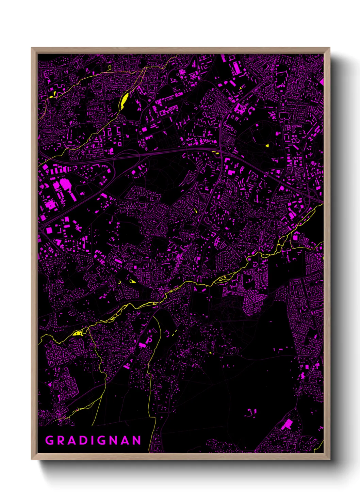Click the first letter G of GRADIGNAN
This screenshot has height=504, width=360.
pos(50,440)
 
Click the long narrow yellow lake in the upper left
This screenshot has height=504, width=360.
pos(124,99)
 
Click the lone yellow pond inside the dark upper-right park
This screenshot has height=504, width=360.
pos(267,146)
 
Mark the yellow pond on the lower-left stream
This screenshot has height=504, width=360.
pos(78,333)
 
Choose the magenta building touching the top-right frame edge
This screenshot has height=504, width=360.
pos(322,81)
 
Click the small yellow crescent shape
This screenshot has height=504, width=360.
pos(119,282)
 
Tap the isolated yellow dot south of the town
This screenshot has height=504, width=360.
pos(211,352)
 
